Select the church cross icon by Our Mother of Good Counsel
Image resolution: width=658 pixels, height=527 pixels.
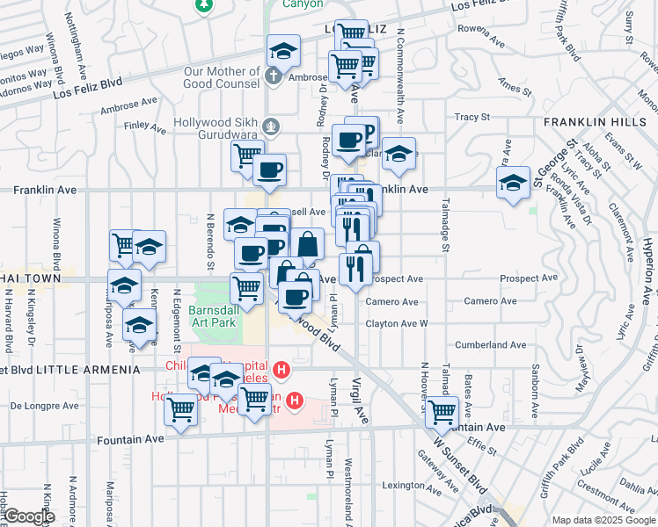(x=275, y=76)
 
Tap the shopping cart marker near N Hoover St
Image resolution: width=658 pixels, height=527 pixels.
(x=441, y=411)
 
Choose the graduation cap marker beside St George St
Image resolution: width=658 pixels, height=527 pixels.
(x=513, y=184)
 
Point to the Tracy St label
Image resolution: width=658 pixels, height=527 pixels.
(x=471, y=117)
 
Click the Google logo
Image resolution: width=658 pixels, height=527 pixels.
(x=28, y=517)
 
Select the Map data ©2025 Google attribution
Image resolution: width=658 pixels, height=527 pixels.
(x=603, y=520)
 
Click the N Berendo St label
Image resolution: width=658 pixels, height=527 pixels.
(x=210, y=241)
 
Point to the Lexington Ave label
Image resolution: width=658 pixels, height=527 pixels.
(x=404, y=485)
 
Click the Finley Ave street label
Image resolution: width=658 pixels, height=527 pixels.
(x=146, y=128)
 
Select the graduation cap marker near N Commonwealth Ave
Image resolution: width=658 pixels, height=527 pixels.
(x=398, y=153)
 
